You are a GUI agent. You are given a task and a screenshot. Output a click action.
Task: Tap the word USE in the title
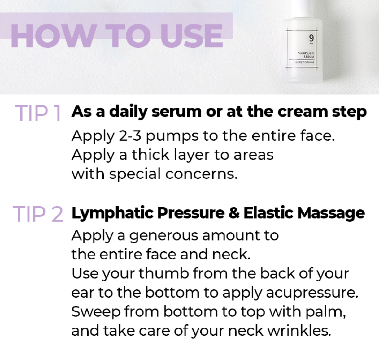pyautogui.click(x=192, y=36)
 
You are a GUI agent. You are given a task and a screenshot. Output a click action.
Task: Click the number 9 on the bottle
pyautogui.click(x=311, y=38)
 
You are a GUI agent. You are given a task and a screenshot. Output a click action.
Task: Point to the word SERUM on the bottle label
pyautogui.click(x=309, y=57)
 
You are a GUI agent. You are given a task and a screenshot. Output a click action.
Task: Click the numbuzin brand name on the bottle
pyautogui.click(x=306, y=53)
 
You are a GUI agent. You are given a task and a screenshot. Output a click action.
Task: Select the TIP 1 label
pyautogui.click(x=38, y=113)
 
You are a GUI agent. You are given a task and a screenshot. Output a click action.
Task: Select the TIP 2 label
pyautogui.click(x=38, y=214)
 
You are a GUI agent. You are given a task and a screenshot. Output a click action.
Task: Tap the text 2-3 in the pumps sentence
pyautogui.click(x=130, y=136)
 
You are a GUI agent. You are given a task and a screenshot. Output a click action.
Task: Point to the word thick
pyautogui.click(x=150, y=155)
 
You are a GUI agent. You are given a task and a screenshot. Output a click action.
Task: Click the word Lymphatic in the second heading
pyautogui.click(x=112, y=213)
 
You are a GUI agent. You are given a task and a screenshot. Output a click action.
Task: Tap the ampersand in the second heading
pyautogui.click(x=234, y=213)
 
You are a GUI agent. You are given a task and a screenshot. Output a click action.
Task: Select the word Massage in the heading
pyautogui.click(x=331, y=213)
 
